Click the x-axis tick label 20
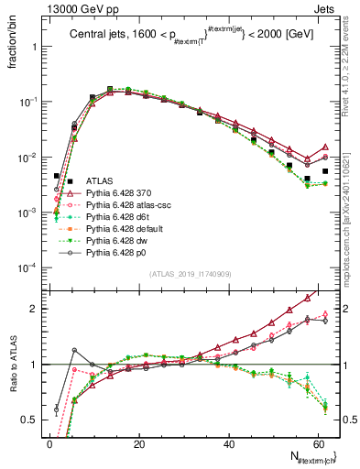click(138, 443)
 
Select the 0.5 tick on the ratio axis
click(29, 420)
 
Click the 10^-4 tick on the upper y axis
click(26, 267)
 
